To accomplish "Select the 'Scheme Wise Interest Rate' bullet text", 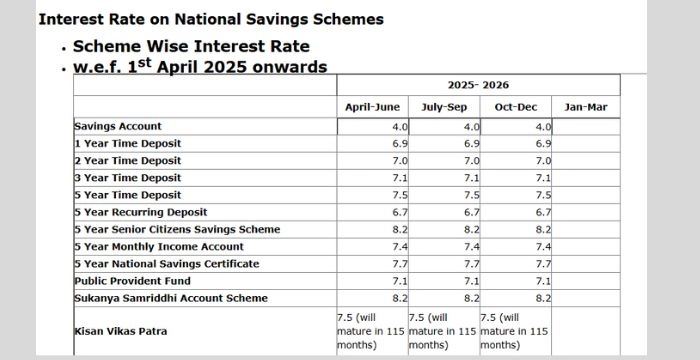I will (191, 46).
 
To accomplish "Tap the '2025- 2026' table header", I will (478, 85).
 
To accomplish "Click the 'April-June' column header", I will (372, 107).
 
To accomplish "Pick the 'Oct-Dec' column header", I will (516, 107).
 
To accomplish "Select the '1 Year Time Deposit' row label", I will (127, 144).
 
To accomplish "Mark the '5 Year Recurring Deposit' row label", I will (140, 212).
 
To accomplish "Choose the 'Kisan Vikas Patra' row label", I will (120, 330).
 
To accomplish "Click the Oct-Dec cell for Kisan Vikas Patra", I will (515, 330).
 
